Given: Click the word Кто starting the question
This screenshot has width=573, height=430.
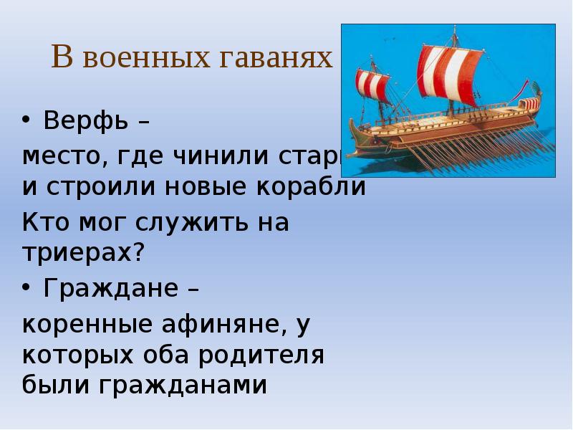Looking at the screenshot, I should (x=44, y=222).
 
